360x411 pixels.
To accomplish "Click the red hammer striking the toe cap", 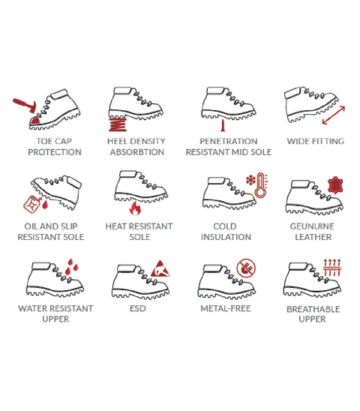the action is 25,105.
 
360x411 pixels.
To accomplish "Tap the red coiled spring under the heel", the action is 118,124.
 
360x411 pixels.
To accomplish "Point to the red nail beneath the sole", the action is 223,125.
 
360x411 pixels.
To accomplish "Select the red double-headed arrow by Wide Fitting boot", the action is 333,115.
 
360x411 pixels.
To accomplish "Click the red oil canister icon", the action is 32,204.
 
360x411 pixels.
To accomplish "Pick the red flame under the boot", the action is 135,208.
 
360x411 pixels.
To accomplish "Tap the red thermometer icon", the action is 260,185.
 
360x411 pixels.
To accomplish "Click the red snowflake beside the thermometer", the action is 250,180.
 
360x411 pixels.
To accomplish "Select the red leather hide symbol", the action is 335,185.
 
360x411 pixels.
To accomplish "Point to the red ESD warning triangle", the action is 160,268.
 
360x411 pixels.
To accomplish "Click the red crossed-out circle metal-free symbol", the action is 246,268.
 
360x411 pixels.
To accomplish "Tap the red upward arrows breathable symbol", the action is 331,267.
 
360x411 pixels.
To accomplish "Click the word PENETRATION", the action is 229,141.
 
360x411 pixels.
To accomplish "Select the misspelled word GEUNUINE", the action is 312,226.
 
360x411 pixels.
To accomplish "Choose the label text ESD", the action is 138,308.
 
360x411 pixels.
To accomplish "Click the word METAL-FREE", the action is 226,308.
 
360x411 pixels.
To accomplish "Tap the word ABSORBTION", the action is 136,152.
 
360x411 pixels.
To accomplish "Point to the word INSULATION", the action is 226,237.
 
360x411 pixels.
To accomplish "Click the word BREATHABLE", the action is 313,309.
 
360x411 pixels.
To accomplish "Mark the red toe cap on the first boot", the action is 34,120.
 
